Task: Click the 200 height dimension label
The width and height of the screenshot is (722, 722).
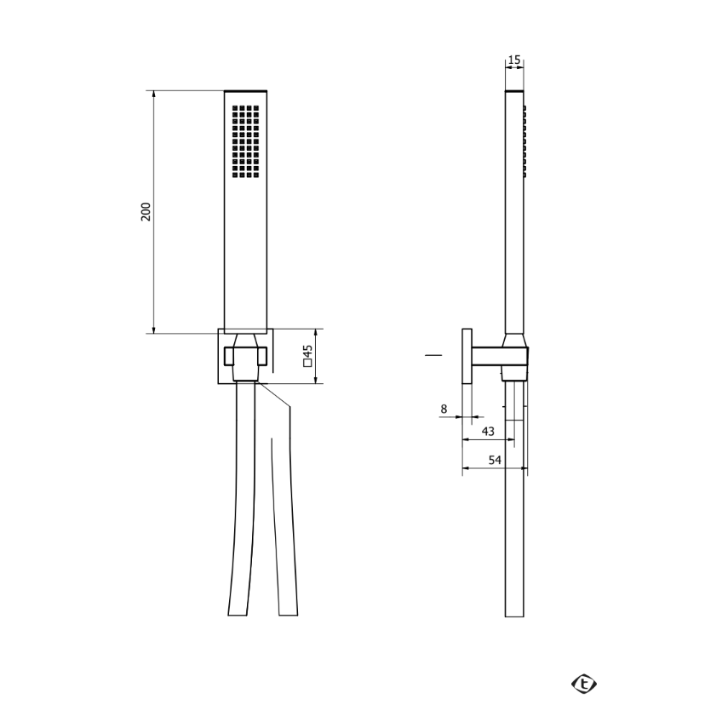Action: [146, 212]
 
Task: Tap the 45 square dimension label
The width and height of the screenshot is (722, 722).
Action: [308, 352]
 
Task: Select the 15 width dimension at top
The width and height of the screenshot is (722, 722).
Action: [514, 60]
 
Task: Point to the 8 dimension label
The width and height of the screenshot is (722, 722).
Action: [444, 409]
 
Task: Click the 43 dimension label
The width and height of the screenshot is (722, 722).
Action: [488, 432]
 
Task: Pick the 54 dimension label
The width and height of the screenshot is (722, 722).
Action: [495, 460]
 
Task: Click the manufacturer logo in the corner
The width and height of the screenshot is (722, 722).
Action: [584, 684]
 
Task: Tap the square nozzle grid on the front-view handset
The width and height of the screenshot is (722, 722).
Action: [245, 141]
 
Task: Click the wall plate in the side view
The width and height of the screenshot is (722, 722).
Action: [467, 356]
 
